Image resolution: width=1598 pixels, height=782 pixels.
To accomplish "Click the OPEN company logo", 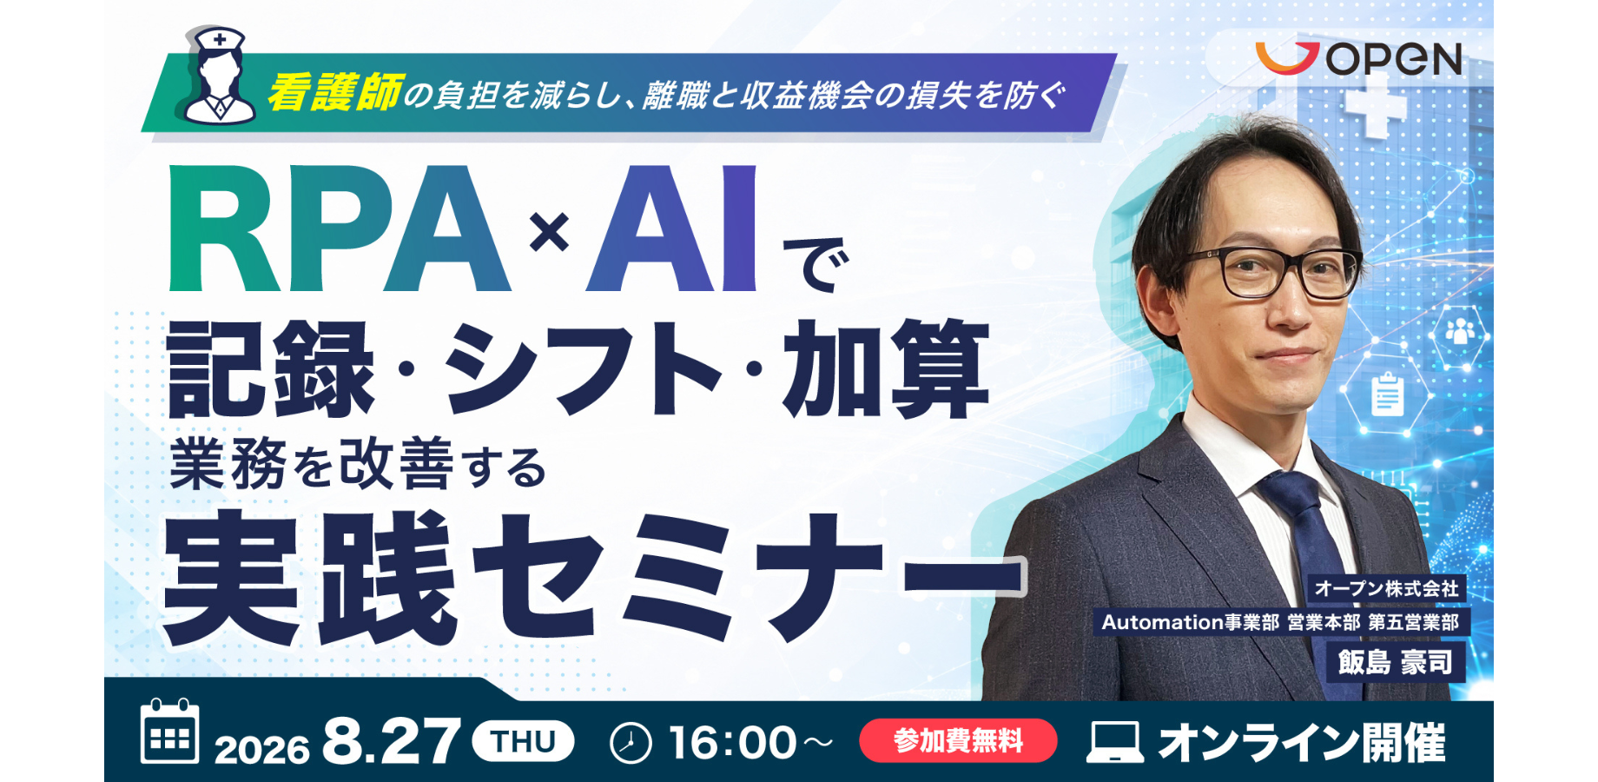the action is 1358,58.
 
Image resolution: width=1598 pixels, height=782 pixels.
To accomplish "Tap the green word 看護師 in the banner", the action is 335,93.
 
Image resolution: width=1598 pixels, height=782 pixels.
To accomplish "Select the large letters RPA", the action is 339,229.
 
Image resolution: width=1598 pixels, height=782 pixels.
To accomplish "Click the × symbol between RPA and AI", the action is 549,232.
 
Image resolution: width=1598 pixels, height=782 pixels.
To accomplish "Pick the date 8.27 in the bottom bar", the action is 391,742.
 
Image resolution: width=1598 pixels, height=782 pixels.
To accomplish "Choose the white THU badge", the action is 523,741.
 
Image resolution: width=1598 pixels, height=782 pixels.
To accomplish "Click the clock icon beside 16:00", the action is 631,743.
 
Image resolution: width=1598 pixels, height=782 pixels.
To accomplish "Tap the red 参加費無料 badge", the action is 958,740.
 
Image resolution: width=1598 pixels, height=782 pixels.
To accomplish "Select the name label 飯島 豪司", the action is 1395,662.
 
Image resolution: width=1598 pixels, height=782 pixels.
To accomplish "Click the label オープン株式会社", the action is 1387,588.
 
